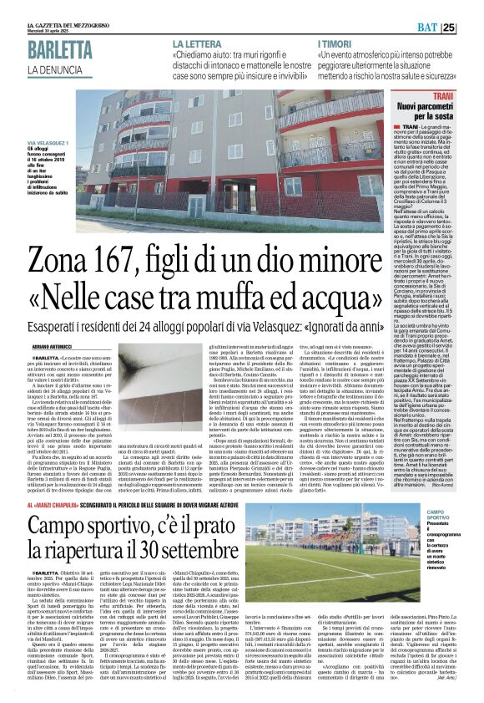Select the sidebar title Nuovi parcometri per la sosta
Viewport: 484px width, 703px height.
pos(450,133)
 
